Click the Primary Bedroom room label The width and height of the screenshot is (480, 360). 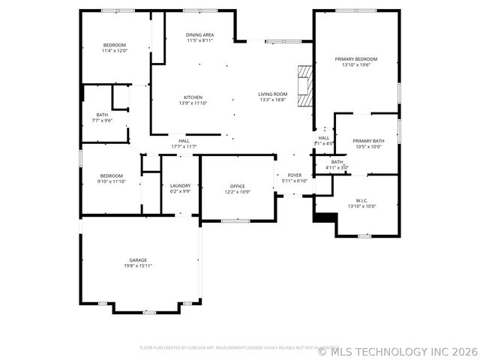click(355, 59)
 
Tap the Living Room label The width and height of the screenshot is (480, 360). click(273, 94)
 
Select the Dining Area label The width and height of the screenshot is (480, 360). click(200, 35)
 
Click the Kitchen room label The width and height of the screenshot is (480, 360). click(193, 97)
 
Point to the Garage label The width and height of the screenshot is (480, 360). click(138, 259)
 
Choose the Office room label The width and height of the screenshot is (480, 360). click(238, 185)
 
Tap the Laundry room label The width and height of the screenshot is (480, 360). click(180, 185)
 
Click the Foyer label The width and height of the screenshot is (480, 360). click(295, 175)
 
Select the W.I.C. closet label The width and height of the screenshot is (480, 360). click(361, 200)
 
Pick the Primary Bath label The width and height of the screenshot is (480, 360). click(367, 141)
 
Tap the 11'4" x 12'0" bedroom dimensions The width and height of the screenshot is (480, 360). click(115, 51)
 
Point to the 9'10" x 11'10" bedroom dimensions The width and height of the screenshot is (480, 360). click(111, 181)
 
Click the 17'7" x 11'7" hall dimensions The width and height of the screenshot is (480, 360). click(184, 146)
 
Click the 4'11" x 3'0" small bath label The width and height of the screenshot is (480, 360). click(337, 167)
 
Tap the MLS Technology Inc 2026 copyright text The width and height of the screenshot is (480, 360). click(397, 350)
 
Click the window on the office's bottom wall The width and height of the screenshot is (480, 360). click(235, 220)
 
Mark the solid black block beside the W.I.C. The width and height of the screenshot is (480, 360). click(324, 217)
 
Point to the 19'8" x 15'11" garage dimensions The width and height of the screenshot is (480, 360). click(138, 265)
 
